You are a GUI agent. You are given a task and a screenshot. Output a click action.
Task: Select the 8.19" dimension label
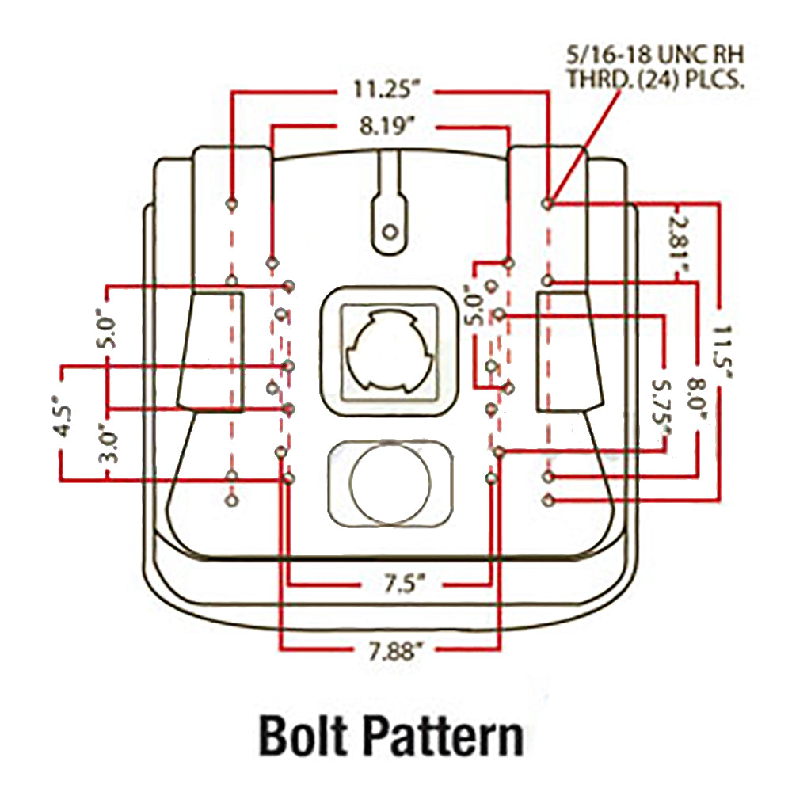point(387,126)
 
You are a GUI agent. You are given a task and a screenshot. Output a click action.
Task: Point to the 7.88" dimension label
point(394,652)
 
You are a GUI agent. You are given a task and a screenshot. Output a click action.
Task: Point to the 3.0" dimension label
point(109,444)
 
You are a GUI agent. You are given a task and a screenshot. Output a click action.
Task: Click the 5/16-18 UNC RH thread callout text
point(655,67)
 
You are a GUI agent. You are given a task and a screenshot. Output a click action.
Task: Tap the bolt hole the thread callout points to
point(548,204)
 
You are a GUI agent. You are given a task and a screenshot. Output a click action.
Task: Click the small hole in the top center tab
point(390,232)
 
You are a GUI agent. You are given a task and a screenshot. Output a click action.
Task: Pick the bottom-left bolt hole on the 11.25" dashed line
point(232,501)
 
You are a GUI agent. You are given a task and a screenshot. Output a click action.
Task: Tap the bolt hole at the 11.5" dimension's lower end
point(548,501)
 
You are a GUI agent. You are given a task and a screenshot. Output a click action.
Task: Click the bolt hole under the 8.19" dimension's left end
point(272,263)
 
